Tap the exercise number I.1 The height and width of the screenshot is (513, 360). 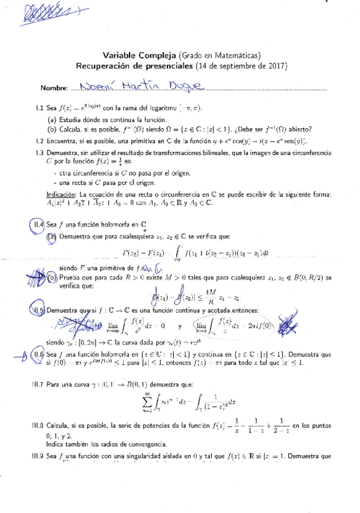click(38, 108)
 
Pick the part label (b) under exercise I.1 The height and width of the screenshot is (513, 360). click(52, 129)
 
